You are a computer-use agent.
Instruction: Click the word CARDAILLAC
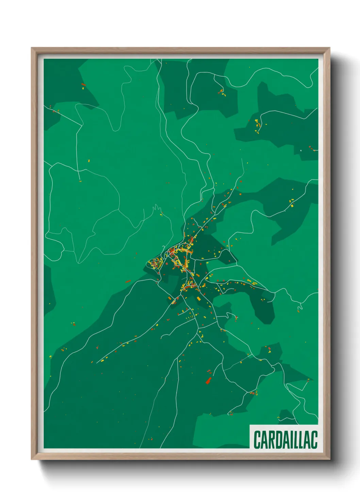click(x=285, y=440)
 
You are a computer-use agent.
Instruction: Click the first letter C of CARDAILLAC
click(x=257, y=440)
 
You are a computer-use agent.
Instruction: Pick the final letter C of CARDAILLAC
click(x=314, y=440)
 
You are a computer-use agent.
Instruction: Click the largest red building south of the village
click(x=209, y=380)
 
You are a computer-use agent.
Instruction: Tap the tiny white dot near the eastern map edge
click(x=301, y=150)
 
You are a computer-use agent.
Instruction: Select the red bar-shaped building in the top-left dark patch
click(x=83, y=84)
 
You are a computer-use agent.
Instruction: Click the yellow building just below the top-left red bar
click(x=83, y=89)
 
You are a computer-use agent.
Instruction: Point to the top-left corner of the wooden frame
click(x=32, y=48)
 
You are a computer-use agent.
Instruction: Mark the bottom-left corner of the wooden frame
click(x=32, y=459)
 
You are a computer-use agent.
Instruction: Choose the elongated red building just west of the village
click(x=128, y=281)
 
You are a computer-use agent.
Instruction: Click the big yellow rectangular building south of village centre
click(x=199, y=298)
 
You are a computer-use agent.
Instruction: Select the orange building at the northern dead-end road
click(x=222, y=91)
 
